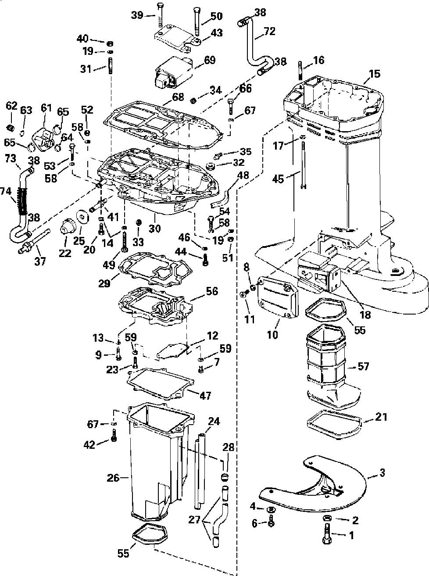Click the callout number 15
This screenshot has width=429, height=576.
coord(374,74)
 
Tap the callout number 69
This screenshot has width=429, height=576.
coord(210,60)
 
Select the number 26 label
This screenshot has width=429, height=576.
coord(113,478)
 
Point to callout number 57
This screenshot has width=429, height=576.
coord(363,366)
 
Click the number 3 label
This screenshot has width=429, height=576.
coord(382,472)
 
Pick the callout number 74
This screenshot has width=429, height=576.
coord(6,192)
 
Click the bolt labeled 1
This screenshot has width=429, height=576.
coord(327,533)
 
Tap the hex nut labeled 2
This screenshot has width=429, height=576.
coord(327,518)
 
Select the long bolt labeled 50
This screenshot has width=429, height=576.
coord(197,22)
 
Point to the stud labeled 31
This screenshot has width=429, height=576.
coord(110,66)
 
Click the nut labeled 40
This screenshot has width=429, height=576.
coord(110,43)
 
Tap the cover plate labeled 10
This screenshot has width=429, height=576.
coord(278,297)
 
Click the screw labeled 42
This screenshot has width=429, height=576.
coord(114,435)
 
